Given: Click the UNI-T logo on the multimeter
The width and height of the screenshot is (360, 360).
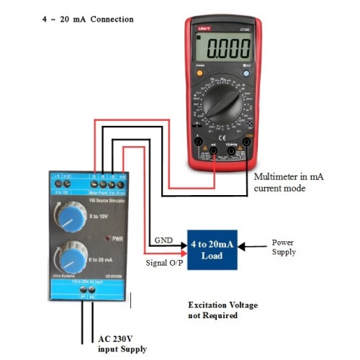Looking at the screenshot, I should point(204,27).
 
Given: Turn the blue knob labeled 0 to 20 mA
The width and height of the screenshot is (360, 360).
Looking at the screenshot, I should point(68,257).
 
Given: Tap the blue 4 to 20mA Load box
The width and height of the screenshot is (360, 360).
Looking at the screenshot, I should point(212,249).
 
